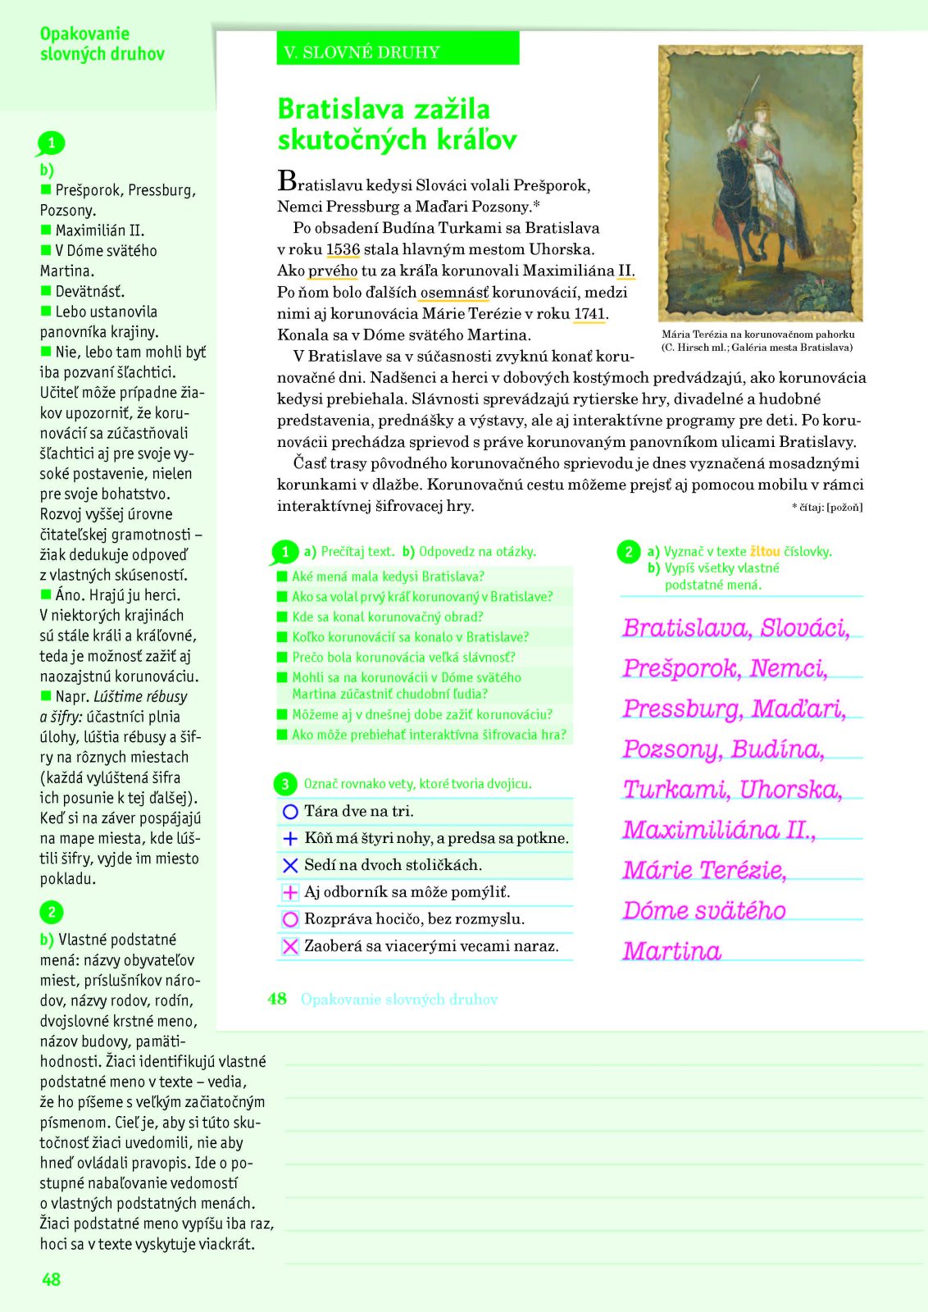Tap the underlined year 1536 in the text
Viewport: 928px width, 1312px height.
tap(343, 249)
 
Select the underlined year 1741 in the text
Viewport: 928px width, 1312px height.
tap(589, 313)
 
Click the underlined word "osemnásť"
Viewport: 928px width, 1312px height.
tap(454, 292)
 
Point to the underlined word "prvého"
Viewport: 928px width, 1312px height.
tap(333, 271)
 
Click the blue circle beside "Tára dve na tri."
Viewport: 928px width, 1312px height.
tap(289, 812)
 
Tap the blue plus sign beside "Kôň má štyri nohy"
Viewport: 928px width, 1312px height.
tap(289, 839)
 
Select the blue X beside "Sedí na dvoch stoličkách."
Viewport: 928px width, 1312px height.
tap(289, 865)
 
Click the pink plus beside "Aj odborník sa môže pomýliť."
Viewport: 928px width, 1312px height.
tap(289, 892)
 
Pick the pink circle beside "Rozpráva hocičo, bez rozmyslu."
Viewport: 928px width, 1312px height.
tap(289, 919)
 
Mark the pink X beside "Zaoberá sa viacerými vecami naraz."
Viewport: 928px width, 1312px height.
tap(289, 946)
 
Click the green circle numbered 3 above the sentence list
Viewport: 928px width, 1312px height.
tap(284, 784)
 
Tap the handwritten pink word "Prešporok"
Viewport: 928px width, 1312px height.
tap(680, 668)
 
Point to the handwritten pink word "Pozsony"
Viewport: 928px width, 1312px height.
tap(671, 749)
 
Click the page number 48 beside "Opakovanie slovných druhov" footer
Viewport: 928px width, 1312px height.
tap(277, 999)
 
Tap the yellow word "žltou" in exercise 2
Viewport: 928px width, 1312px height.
tap(765, 552)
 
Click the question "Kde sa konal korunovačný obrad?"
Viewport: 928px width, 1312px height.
tap(388, 617)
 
